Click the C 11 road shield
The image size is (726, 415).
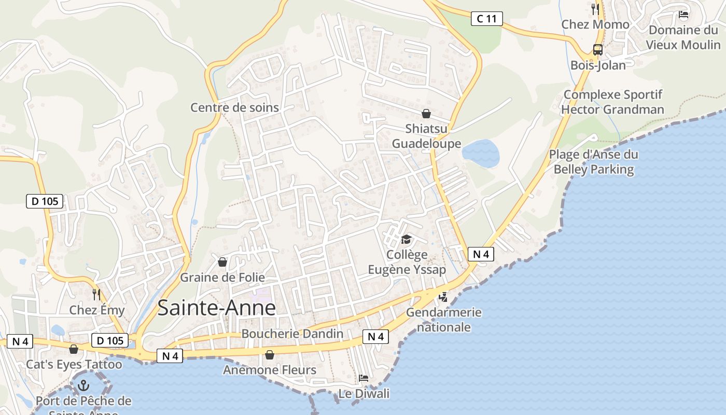[x=487, y=19]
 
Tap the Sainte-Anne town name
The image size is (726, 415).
[x=217, y=308]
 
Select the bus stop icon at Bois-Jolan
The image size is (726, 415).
[x=598, y=50]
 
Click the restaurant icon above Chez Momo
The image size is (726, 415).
[x=595, y=9]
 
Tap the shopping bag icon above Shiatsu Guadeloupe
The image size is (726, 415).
[x=426, y=114]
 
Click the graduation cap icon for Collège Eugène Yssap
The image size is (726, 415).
[x=406, y=239]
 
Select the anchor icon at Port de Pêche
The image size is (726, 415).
[x=83, y=385]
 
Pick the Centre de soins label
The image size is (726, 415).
[x=234, y=107]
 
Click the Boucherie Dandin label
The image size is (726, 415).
[x=292, y=334]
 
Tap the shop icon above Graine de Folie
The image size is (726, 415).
[x=222, y=262]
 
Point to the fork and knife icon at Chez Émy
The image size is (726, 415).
[x=96, y=295]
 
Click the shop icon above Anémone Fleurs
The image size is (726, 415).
[x=270, y=355]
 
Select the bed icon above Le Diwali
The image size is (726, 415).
[x=364, y=378]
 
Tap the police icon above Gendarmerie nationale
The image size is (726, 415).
[x=443, y=297]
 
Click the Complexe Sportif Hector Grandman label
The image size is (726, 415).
[x=612, y=102]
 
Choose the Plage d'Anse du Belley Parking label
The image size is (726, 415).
[x=594, y=162]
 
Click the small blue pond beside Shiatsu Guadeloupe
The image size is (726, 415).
[x=481, y=153]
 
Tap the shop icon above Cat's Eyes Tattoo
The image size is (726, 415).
[x=74, y=349]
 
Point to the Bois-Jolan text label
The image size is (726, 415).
[x=598, y=65]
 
